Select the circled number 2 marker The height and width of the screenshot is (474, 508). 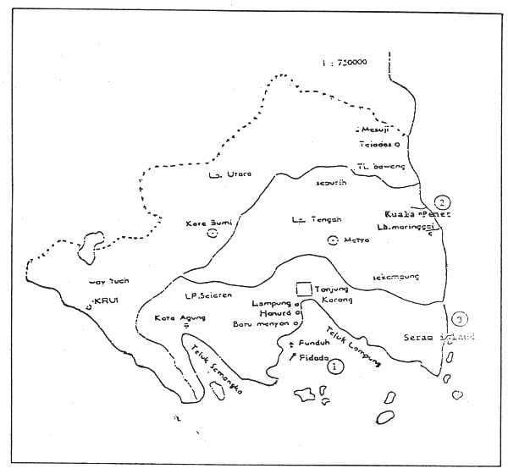(440, 202)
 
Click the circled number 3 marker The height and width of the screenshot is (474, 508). (459, 320)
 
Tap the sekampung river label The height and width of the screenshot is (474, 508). (396, 277)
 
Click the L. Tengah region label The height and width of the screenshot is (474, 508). (309, 221)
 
